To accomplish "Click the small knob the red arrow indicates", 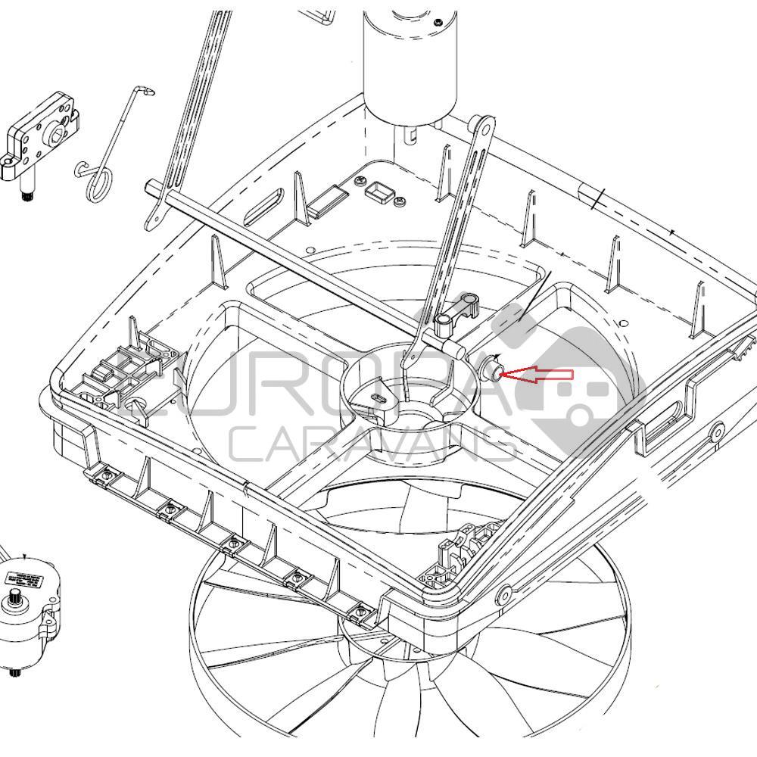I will [492, 371].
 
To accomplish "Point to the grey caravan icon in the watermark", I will [575, 378].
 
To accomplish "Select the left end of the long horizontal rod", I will [153, 188].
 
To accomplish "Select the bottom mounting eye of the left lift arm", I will [154, 220].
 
